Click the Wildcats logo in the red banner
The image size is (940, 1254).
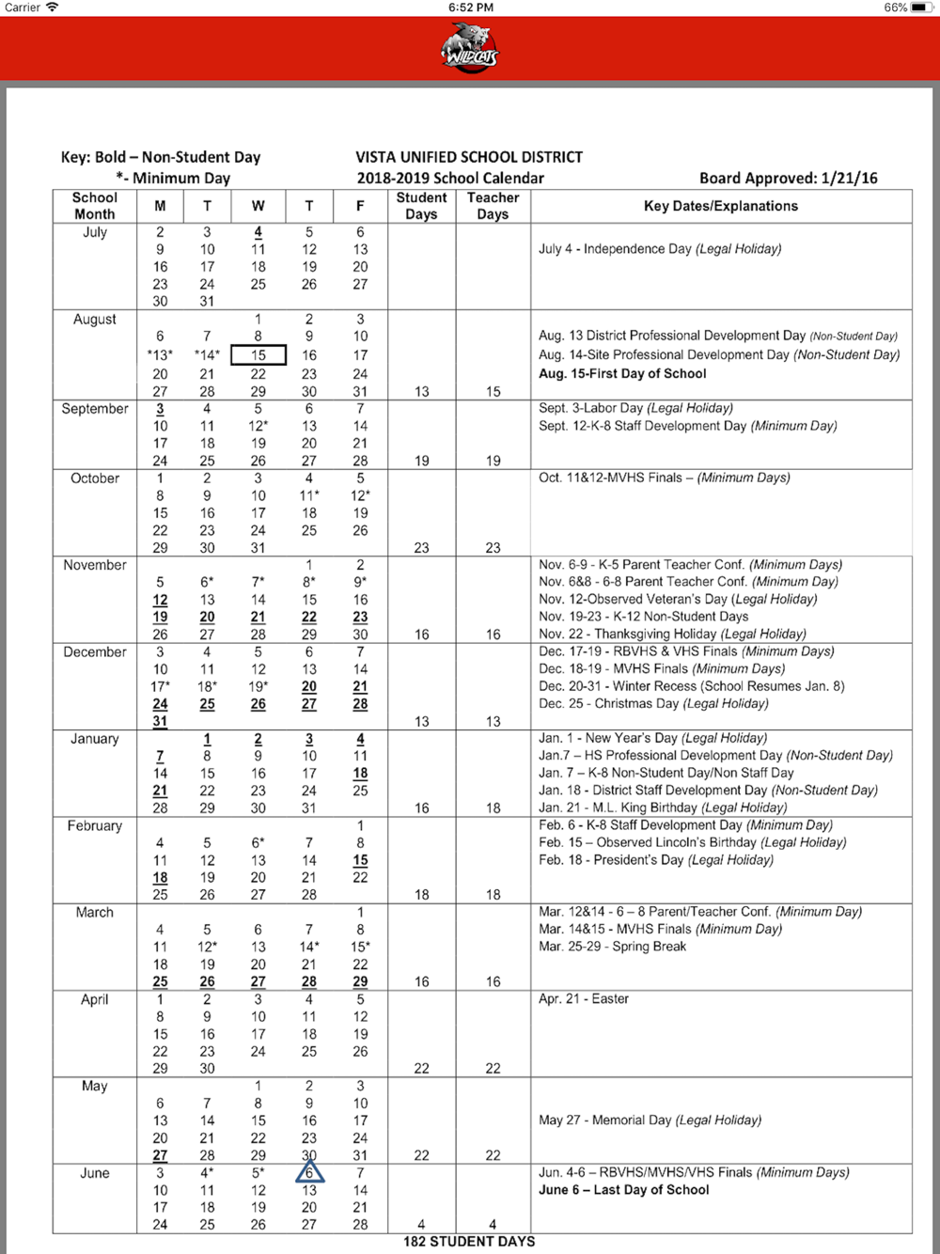(471, 47)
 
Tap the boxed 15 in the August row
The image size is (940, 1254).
(258, 355)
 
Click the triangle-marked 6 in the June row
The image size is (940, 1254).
(309, 1172)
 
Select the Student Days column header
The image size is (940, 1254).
(421, 206)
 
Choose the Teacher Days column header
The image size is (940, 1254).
(493, 206)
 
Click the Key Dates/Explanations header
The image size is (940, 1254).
(721, 206)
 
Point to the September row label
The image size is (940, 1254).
(95, 409)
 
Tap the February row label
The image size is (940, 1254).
(95, 825)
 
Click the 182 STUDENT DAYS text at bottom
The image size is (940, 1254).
(469, 1242)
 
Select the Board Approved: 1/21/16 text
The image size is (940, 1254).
(788, 178)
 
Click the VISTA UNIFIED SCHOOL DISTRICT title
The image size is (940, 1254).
(469, 157)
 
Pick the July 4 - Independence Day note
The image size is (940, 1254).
(660, 249)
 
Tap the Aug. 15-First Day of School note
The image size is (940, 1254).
(622, 373)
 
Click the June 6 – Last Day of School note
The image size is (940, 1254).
(624, 1190)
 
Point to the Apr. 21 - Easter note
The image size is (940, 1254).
(584, 998)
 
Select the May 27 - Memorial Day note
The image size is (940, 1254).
(650, 1120)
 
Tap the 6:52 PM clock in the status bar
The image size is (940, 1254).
(471, 8)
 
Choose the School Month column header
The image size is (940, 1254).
(95, 206)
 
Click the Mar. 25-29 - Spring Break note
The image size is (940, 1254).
(612, 947)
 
